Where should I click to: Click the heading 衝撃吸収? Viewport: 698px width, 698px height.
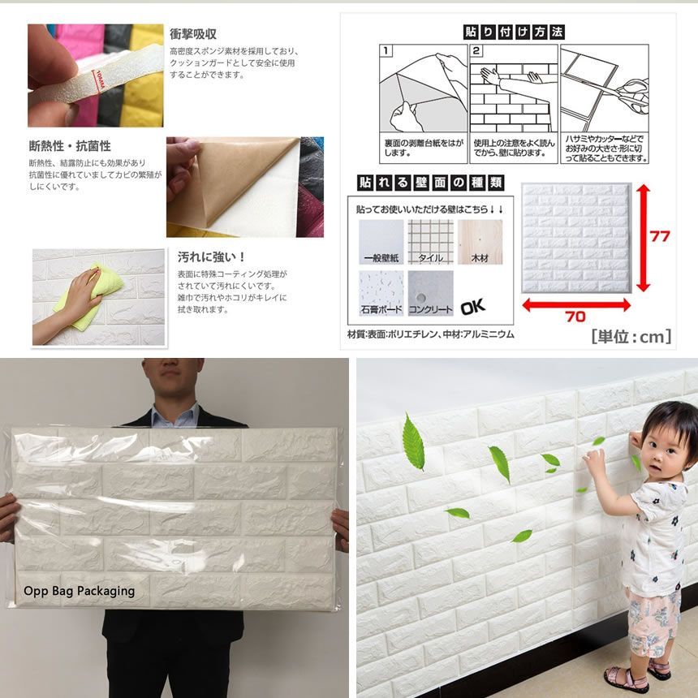click(x=192, y=34)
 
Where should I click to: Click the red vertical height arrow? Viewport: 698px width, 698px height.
click(x=644, y=237)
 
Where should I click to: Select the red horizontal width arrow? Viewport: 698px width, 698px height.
click(x=575, y=304)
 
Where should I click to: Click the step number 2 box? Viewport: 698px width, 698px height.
click(x=477, y=51)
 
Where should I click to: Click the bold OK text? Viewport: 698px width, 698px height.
click(x=472, y=308)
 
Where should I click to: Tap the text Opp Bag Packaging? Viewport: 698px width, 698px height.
click(x=79, y=591)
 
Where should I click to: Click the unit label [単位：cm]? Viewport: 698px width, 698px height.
click(x=631, y=336)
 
